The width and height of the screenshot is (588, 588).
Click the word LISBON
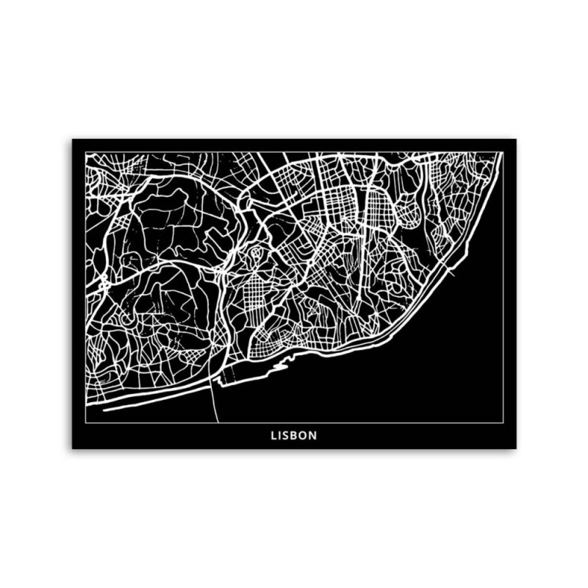tap(293, 435)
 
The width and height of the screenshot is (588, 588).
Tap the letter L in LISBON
tap(273, 435)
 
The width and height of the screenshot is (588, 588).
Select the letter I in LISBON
tap(281, 435)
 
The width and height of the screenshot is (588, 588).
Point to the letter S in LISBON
tap(287, 435)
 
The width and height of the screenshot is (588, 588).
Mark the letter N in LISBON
tap(314, 435)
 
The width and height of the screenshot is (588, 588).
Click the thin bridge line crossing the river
tap(214, 401)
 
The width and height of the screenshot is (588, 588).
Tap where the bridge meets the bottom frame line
tap(218, 422)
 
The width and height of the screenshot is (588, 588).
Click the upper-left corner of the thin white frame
tap(85, 152)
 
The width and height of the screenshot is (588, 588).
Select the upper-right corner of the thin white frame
tap(503, 152)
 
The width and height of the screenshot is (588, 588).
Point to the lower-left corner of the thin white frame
tap(85, 422)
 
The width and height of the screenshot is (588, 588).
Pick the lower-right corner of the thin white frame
tap(503, 422)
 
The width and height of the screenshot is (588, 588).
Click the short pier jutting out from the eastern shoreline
tap(450, 273)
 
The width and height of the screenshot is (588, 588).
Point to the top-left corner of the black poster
tap(72, 139)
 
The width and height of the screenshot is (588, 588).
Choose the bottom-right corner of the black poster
tap(516, 448)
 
